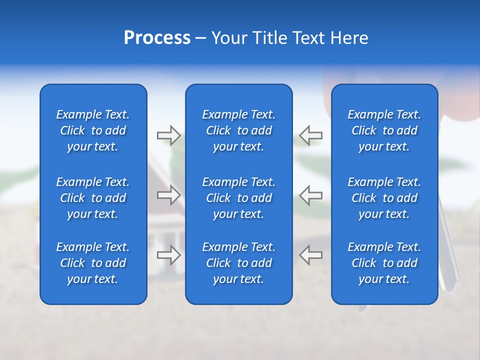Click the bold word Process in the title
click(x=157, y=38)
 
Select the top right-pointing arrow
click(x=168, y=135)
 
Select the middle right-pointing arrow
click(x=168, y=195)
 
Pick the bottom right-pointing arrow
click(x=168, y=254)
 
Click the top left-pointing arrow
click(x=311, y=135)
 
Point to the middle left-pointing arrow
click(x=311, y=195)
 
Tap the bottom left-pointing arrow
click(x=311, y=254)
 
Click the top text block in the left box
click(x=93, y=130)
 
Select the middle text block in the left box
click(x=93, y=198)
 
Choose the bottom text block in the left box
click(x=93, y=263)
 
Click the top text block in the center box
click(x=238, y=130)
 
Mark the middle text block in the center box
click(x=238, y=198)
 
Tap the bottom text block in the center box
click(x=238, y=263)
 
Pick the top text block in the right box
click(x=384, y=130)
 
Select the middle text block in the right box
click(x=384, y=198)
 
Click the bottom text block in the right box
click(x=384, y=263)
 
